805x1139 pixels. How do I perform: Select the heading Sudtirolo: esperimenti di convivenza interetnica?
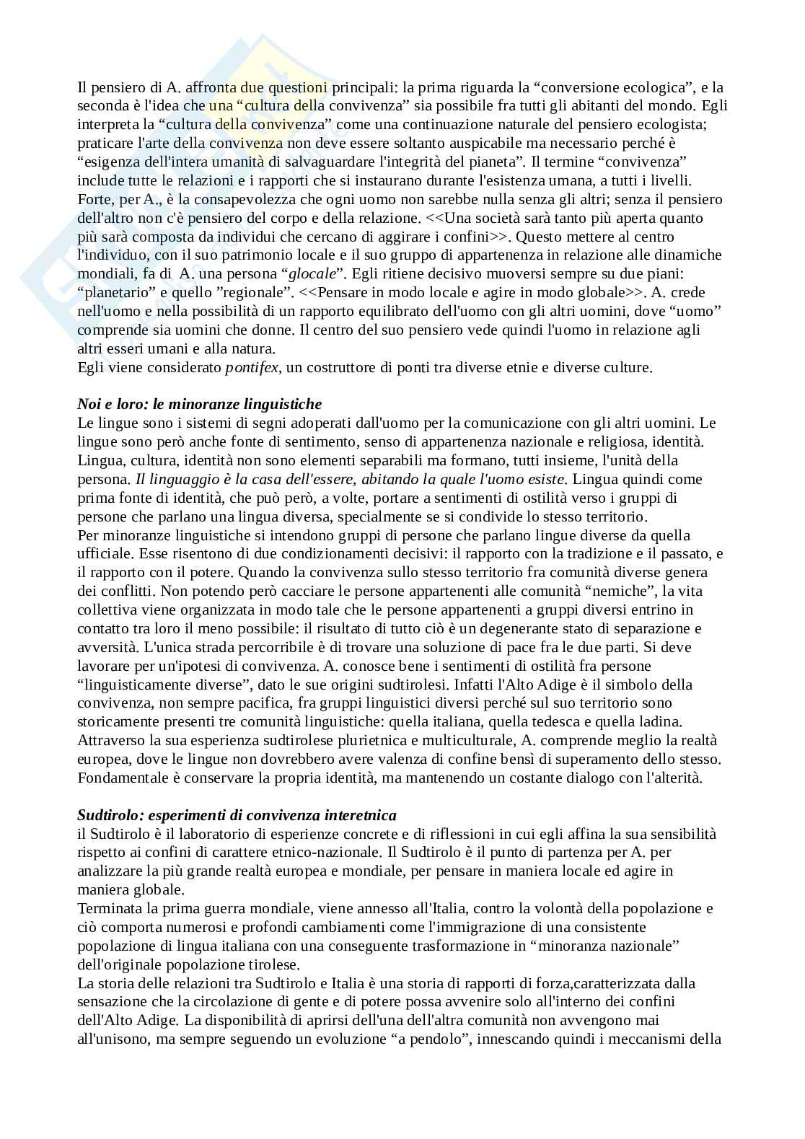click(x=237, y=815)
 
